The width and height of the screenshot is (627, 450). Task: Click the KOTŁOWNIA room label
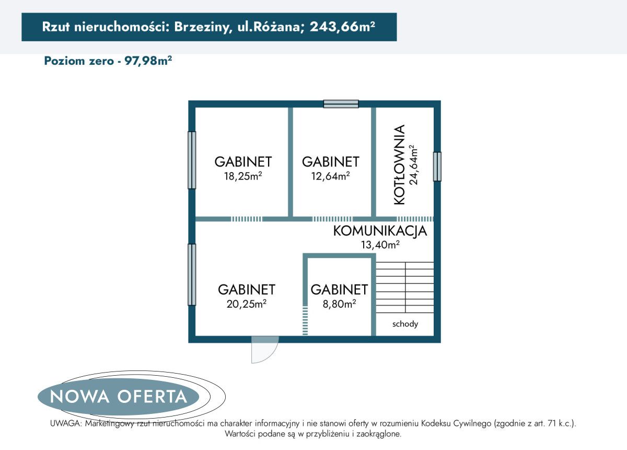pos(400,165)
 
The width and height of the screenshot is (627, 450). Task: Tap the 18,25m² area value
pos(242,176)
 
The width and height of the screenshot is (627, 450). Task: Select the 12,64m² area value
pos(330,176)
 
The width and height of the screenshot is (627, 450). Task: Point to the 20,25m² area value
pos(247,305)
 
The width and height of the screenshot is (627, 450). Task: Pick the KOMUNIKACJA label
pos(380,231)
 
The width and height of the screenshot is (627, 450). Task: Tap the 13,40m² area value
pos(380,244)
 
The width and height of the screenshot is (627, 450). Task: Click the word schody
pos(405,324)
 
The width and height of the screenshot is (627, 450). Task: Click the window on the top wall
pos(341,104)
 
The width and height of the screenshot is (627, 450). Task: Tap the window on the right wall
pos(437,166)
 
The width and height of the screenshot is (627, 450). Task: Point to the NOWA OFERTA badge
pos(119,396)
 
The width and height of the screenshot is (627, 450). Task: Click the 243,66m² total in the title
pos(342,27)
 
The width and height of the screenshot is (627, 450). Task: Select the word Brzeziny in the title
pos(199,27)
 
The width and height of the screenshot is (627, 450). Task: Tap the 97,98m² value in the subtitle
pos(148,61)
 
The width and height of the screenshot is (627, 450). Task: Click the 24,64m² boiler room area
pos(414,165)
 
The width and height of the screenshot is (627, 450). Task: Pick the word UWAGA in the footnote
pos(65,423)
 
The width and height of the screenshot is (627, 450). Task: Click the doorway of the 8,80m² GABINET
pos(305,320)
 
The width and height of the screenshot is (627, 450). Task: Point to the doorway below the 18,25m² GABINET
pos(247,219)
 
